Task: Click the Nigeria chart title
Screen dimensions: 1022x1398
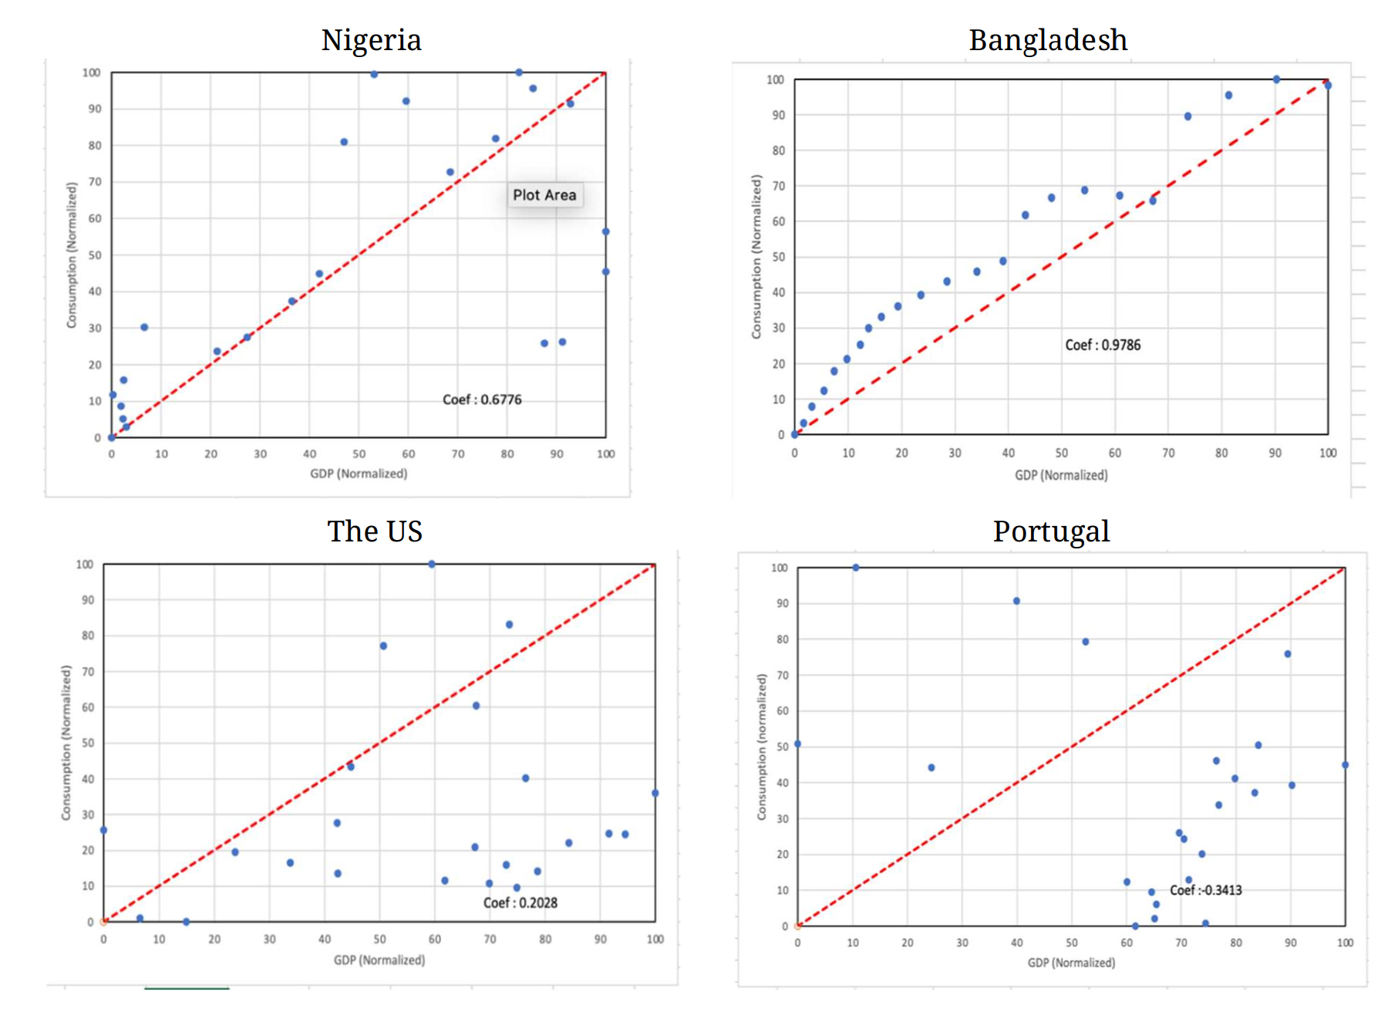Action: click(371, 40)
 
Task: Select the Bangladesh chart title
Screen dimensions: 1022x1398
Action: click(1048, 40)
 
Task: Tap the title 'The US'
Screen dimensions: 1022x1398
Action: click(375, 531)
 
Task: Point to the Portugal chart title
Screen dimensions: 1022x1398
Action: click(1051, 531)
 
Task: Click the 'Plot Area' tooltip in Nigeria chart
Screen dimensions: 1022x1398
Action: click(544, 195)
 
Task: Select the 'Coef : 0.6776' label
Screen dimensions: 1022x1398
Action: click(482, 400)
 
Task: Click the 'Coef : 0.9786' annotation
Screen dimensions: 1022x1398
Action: click(1103, 345)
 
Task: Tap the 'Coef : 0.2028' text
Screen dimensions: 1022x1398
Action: click(520, 902)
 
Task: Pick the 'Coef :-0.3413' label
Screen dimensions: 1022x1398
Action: click(1206, 890)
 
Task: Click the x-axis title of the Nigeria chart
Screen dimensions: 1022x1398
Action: click(359, 474)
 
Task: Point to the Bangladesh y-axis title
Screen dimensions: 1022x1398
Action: click(756, 256)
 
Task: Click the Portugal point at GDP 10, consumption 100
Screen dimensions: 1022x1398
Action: click(856, 568)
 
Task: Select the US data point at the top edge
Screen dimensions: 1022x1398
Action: click(432, 565)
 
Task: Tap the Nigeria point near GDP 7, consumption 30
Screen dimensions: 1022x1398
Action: click(144, 327)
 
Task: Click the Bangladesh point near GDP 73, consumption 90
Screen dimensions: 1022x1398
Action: click(1187, 116)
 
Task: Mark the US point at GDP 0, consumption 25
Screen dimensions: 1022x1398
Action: click(104, 830)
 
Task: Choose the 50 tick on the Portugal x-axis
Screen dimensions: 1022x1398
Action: click(1072, 943)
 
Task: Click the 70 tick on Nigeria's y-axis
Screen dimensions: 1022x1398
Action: click(95, 182)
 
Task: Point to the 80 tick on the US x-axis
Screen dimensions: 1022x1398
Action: click(545, 939)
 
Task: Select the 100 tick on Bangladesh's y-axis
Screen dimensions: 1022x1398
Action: click(775, 79)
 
